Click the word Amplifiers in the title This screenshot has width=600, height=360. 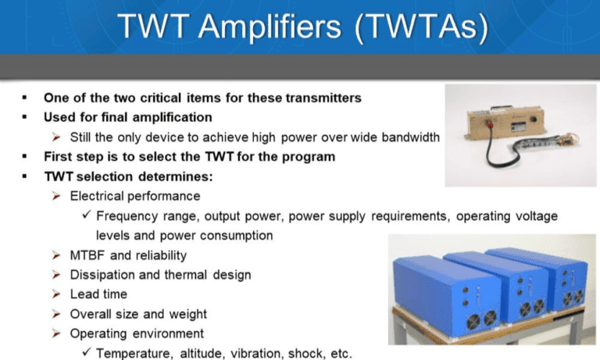(x=269, y=27)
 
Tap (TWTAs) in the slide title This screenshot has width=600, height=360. (x=422, y=27)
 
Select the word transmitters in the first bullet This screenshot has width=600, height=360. (x=323, y=98)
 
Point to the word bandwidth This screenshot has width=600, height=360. (x=411, y=137)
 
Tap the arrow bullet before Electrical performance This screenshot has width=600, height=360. (x=56, y=196)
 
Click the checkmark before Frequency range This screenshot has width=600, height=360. (x=87, y=214)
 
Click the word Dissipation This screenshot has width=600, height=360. (x=98, y=275)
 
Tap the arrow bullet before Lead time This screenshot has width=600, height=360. (x=56, y=294)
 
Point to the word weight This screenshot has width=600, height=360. (x=187, y=315)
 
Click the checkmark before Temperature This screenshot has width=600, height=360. (x=87, y=351)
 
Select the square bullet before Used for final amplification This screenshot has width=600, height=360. (x=25, y=117)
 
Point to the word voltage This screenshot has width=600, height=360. (x=536, y=216)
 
